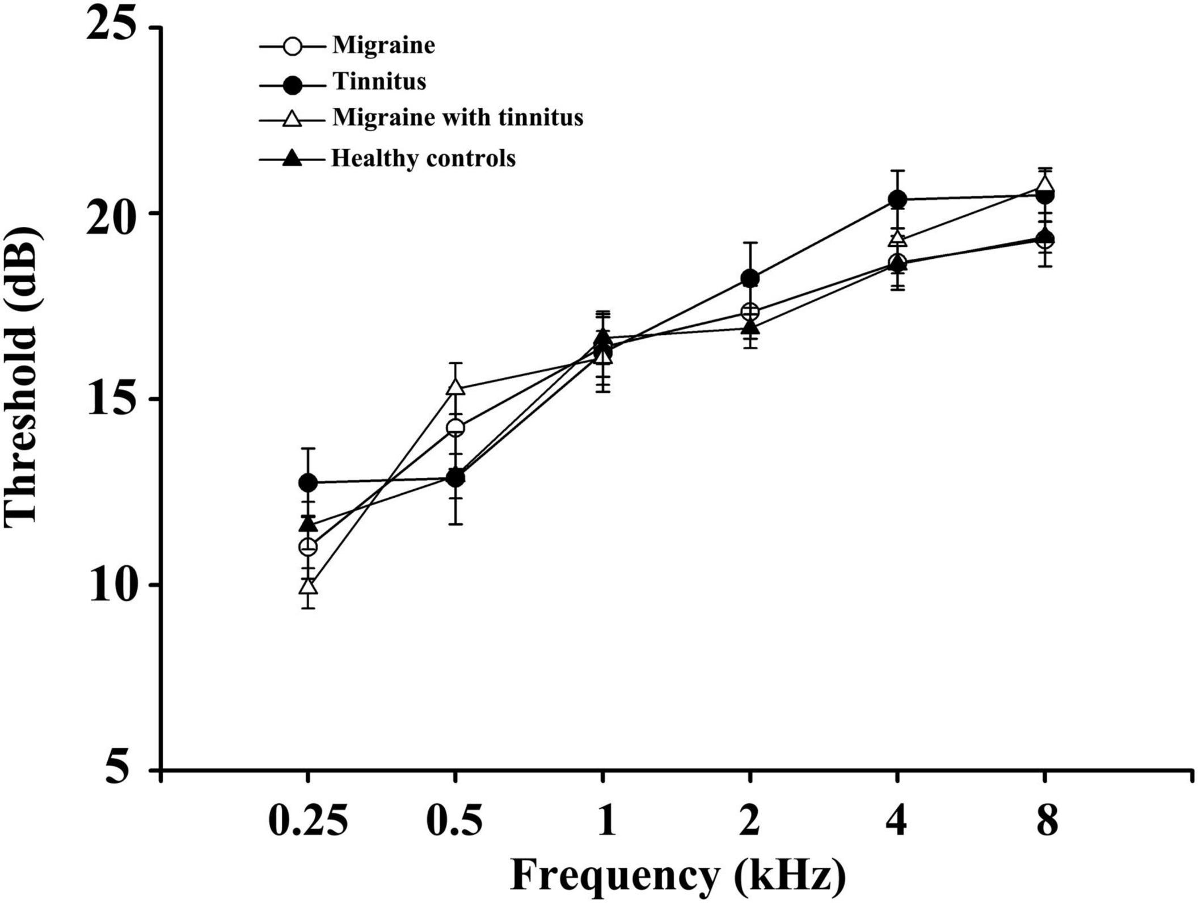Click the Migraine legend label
[x=383, y=45]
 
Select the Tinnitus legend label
[x=379, y=82]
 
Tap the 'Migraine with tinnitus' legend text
[x=457, y=117]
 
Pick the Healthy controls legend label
[x=423, y=158]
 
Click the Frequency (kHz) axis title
[x=677, y=877]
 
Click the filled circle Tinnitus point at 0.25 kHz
[x=308, y=482]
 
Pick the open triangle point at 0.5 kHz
[x=455, y=388]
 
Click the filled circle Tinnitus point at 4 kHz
[x=897, y=199]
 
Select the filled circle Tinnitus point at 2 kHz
[x=750, y=278]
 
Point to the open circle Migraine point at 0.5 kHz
[x=455, y=428]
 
